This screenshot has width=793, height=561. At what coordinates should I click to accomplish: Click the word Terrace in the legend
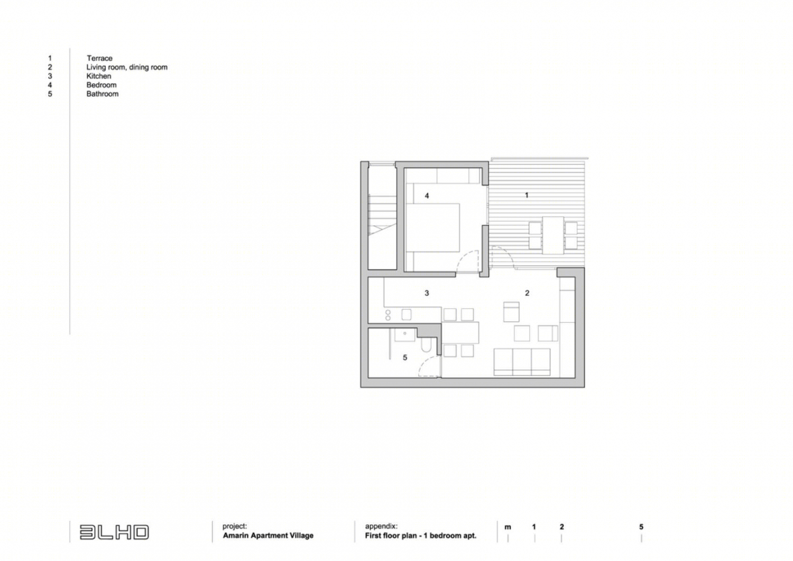pyautogui.click(x=99, y=58)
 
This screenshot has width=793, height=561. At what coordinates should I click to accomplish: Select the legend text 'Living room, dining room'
pyautogui.click(x=127, y=67)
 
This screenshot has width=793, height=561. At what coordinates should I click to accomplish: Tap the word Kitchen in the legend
pyautogui.click(x=99, y=76)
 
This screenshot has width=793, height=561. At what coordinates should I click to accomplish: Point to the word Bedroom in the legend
pyautogui.click(x=102, y=85)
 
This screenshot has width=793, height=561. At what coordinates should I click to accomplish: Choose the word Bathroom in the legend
pyautogui.click(x=103, y=94)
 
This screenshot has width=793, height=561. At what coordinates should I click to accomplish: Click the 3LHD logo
pyautogui.click(x=114, y=532)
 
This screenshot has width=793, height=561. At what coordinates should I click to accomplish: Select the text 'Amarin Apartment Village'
pyautogui.click(x=268, y=536)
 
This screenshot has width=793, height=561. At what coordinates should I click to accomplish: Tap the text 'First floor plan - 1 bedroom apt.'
pyautogui.click(x=421, y=536)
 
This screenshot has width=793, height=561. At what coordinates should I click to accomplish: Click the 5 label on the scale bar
pyautogui.click(x=641, y=527)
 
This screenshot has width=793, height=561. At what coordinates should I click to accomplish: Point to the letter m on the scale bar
pyautogui.click(x=508, y=527)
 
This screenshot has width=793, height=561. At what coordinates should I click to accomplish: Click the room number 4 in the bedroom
pyautogui.click(x=427, y=196)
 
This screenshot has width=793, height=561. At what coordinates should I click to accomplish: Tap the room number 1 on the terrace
pyautogui.click(x=527, y=195)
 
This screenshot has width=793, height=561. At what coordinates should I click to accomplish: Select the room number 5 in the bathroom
pyautogui.click(x=405, y=358)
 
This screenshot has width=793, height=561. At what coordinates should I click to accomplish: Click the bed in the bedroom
pyautogui.click(x=432, y=228)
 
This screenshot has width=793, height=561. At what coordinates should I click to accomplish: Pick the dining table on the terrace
pyautogui.click(x=553, y=236)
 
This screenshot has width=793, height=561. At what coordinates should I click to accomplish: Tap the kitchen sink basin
pyautogui.click(x=407, y=314)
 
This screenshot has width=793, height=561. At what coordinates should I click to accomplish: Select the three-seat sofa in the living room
pyautogui.click(x=522, y=362)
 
